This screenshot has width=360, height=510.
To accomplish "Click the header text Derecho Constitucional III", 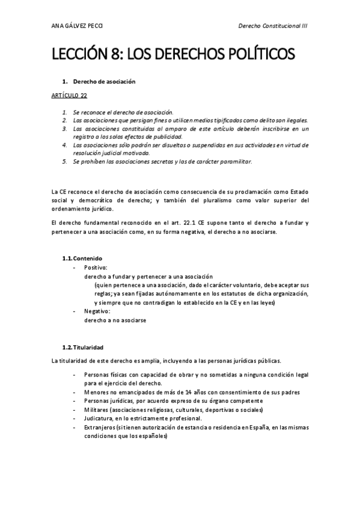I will pos(273,26).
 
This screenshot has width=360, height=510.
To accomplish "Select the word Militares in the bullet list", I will pos(99,410).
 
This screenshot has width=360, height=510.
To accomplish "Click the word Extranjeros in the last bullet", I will pos(103,428).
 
